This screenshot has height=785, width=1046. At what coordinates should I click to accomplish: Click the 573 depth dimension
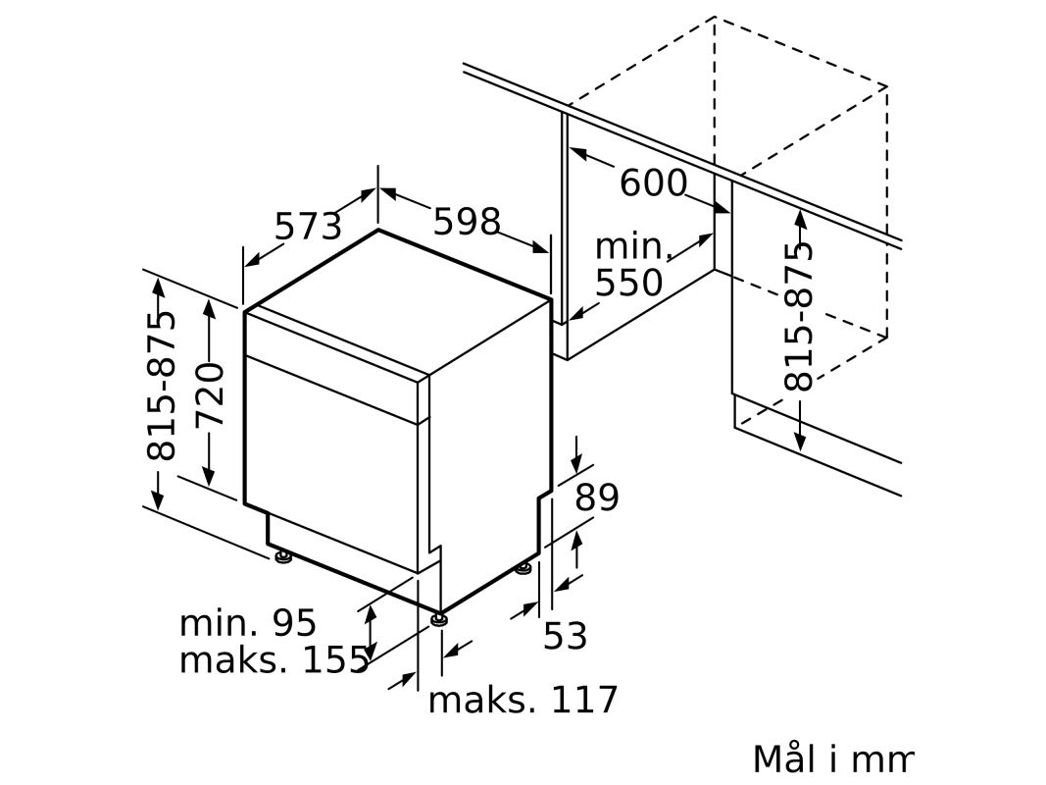(x=308, y=226)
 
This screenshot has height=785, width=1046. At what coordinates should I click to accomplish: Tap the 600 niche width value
(x=653, y=183)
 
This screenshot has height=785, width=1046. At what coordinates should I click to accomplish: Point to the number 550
(x=628, y=283)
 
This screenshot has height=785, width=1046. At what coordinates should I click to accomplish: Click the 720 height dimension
(x=210, y=395)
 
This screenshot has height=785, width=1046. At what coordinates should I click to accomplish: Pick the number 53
(x=565, y=635)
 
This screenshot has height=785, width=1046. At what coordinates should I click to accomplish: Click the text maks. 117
(x=523, y=701)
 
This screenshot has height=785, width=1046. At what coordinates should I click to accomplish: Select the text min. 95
(x=247, y=623)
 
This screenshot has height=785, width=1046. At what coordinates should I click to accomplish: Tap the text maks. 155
(x=274, y=659)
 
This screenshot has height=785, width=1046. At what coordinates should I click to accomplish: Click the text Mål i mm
(x=832, y=759)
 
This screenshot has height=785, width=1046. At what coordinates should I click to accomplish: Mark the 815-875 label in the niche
(x=799, y=316)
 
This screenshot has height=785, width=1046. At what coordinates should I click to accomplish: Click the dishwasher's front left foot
(x=283, y=556)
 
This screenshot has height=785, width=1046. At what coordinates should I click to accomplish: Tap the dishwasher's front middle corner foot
(x=438, y=619)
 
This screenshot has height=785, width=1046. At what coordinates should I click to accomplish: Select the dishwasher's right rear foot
(x=523, y=569)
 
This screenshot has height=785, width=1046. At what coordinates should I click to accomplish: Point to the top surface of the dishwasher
(x=398, y=301)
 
